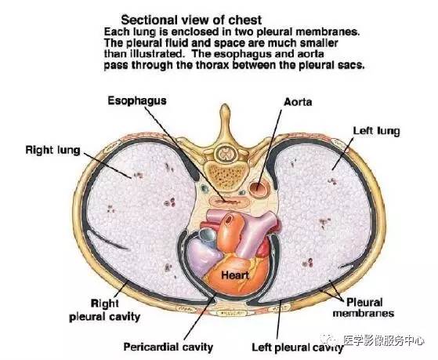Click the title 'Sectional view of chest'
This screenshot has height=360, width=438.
click(x=191, y=20)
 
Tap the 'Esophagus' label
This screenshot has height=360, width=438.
click(x=137, y=101)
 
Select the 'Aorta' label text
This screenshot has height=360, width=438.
click(x=298, y=102)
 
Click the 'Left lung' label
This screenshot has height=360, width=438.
click(x=376, y=131)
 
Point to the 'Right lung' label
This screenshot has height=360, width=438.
click(x=52, y=151)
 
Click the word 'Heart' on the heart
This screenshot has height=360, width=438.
click(x=234, y=275)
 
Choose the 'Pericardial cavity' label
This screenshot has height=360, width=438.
click(x=168, y=347)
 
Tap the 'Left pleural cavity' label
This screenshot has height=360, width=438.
click(x=298, y=347)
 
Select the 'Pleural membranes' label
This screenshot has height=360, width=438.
click(x=364, y=307)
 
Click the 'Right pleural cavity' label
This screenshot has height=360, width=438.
click(x=104, y=311)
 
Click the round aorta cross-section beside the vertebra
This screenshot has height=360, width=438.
click(x=259, y=190)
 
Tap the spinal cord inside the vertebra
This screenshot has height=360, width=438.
click(x=225, y=152)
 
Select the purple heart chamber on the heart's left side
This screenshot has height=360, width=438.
click(x=204, y=256)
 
